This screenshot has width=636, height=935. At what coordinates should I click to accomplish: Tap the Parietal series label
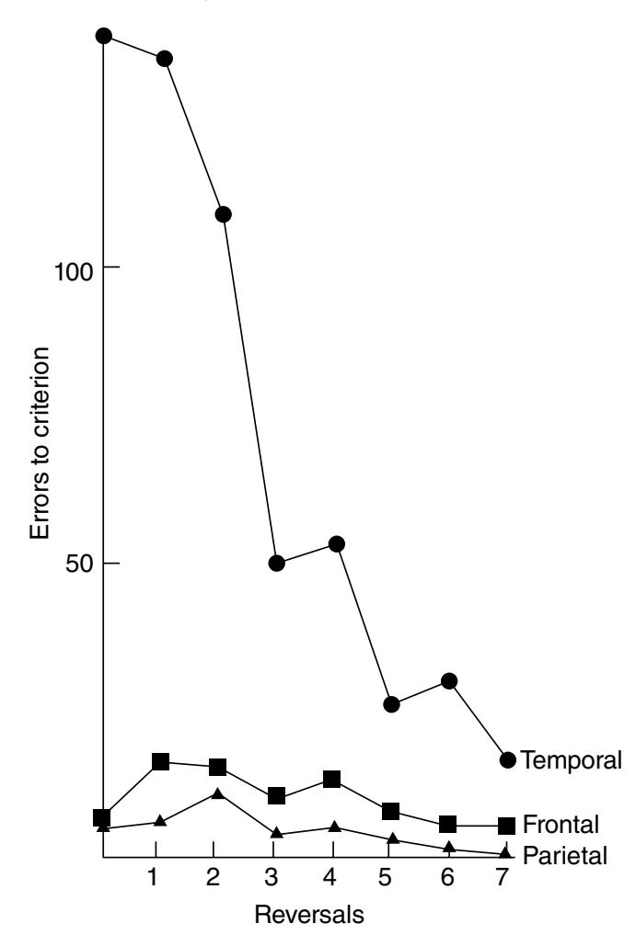tap(564, 856)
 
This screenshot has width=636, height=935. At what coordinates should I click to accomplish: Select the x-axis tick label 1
tap(155, 878)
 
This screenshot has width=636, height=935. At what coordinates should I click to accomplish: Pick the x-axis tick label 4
tap(329, 878)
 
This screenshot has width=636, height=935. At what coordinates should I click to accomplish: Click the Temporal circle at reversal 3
tap(277, 563)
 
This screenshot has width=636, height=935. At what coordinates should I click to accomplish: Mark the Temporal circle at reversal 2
tap(222, 214)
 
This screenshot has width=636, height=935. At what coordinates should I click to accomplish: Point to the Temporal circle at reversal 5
tap(392, 704)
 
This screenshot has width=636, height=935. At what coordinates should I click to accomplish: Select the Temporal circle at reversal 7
tap(507, 759)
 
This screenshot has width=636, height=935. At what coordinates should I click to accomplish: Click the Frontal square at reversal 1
tap(160, 761)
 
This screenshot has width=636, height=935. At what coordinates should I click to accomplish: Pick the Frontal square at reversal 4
tap(332, 780)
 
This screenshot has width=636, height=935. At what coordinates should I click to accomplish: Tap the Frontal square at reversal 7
tap(506, 825)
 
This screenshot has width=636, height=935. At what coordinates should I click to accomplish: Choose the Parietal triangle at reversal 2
tap(216, 793)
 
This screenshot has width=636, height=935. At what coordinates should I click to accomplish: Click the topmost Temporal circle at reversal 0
tap(104, 36)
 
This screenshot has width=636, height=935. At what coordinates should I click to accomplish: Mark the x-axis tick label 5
tap(387, 878)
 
